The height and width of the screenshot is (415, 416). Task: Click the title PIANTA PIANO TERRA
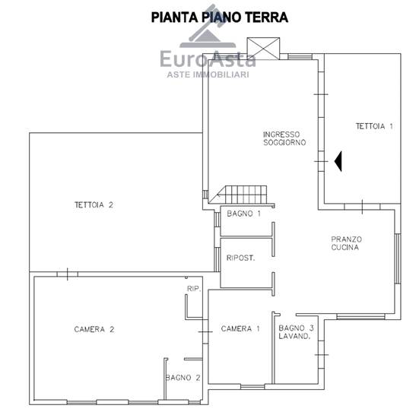pyautogui.click(x=220, y=17)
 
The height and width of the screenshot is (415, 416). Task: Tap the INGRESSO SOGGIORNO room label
pyautogui.click(x=284, y=138)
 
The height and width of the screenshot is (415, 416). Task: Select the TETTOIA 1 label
pyautogui.click(x=374, y=126)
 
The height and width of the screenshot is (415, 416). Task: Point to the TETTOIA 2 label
pyautogui.click(x=94, y=204)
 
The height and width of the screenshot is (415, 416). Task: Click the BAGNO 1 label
pyautogui.click(x=243, y=214)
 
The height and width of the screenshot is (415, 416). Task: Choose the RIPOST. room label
pyautogui.click(x=240, y=258)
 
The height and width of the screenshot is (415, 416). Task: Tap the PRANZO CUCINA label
pyautogui.click(x=346, y=243)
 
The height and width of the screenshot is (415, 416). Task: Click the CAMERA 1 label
pyautogui.click(x=240, y=329)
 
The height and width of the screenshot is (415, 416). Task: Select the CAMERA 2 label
pyautogui.click(x=94, y=329)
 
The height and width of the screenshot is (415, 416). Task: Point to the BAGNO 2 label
pyautogui.click(x=183, y=378)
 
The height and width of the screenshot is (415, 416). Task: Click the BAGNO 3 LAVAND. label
pyautogui.click(x=296, y=332)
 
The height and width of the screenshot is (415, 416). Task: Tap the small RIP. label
pyautogui.click(x=194, y=289)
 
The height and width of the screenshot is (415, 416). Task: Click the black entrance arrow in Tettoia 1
pyautogui.click(x=338, y=161)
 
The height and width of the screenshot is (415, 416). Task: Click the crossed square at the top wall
pyautogui.click(x=263, y=48)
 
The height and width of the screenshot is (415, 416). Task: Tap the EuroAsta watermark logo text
pyautogui.click(x=208, y=59)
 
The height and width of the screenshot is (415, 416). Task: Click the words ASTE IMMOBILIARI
pyautogui.click(x=208, y=74)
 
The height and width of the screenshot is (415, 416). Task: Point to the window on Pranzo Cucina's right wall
pyautogui.click(x=398, y=258)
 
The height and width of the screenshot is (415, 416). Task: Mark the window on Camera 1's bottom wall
pyautogui.click(x=252, y=387)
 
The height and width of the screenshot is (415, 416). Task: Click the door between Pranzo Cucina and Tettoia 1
pyautogui.click(x=362, y=207)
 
